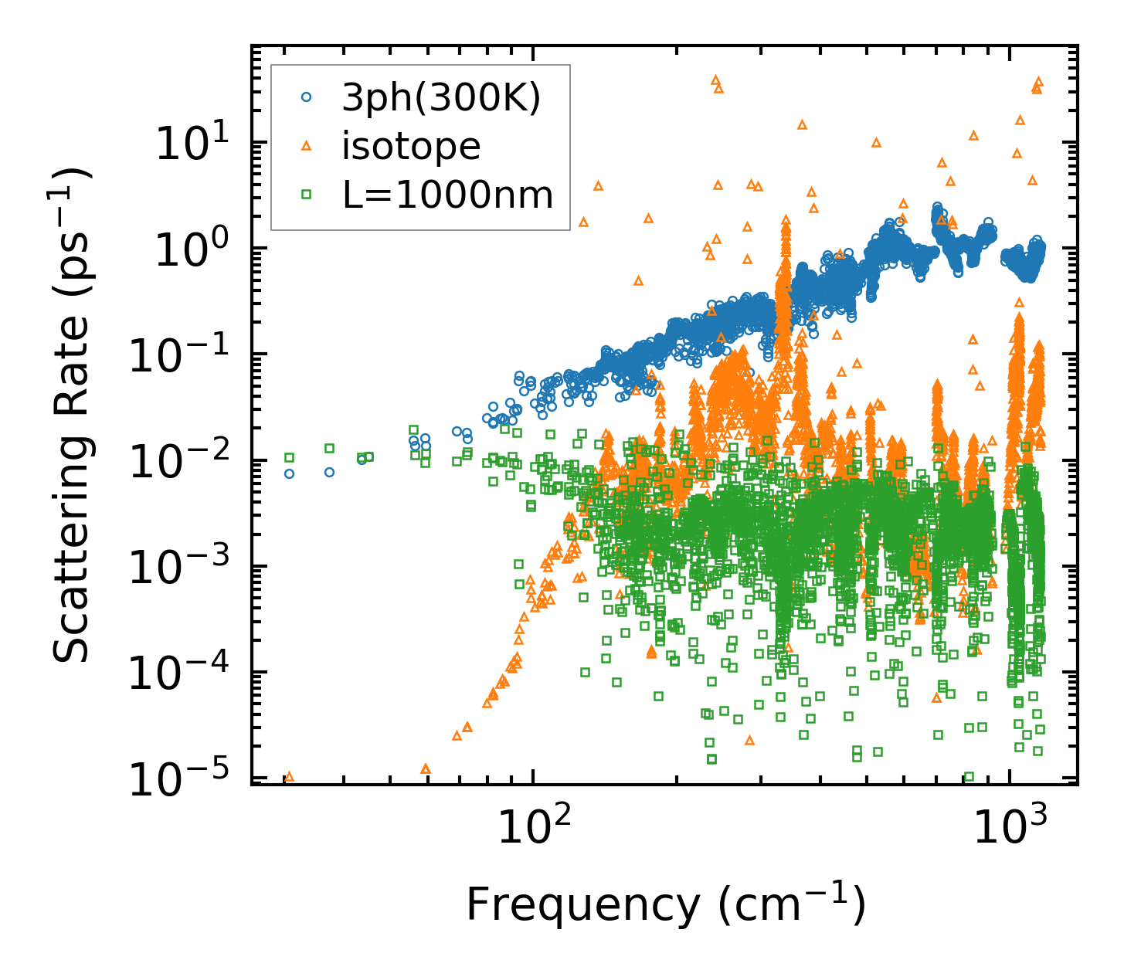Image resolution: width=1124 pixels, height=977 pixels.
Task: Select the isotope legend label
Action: tap(412, 146)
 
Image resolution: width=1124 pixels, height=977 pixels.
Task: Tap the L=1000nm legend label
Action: tap(448, 195)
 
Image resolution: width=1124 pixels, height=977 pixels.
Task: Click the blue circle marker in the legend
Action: tap(307, 98)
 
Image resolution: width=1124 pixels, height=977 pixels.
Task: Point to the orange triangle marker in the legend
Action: tap(307, 146)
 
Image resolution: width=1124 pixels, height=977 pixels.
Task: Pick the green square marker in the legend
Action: tap(307, 195)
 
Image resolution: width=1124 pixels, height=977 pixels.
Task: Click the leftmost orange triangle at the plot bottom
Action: tap(289, 777)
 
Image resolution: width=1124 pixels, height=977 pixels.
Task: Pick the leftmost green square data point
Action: tap(289, 457)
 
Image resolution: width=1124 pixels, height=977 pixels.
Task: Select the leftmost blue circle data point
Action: tap(289, 473)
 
